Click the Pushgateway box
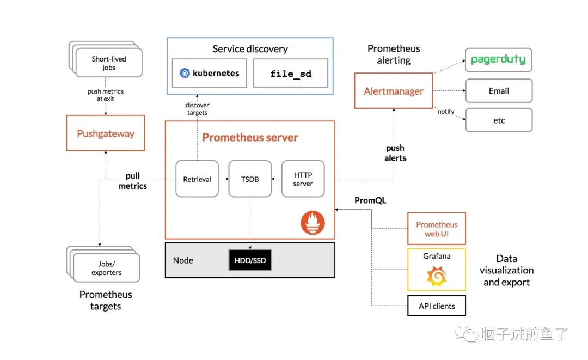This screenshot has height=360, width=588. [x=106, y=133]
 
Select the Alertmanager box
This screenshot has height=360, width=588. [x=393, y=91]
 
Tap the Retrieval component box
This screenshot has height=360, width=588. [x=197, y=179]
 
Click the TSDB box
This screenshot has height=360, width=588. [x=250, y=179]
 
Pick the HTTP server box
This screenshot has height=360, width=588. [x=303, y=179]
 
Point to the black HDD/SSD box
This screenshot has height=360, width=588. [x=250, y=260]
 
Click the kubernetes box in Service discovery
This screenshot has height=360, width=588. [x=210, y=73]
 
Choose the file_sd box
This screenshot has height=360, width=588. [x=291, y=74]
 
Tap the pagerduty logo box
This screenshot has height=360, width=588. [x=498, y=60]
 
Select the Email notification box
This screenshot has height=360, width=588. [x=498, y=91]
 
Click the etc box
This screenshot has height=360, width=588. [x=498, y=120]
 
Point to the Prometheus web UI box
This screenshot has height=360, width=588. [x=437, y=229]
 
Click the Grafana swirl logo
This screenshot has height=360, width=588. [x=437, y=277]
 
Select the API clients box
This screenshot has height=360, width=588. [x=437, y=306]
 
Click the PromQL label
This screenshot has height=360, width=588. [x=370, y=200]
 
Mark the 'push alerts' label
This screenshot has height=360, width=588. [x=395, y=152]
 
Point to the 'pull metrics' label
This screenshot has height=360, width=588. [x=133, y=181]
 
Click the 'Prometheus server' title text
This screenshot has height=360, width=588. [x=250, y=137]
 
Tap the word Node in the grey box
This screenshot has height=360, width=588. [x=183, y=260]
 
